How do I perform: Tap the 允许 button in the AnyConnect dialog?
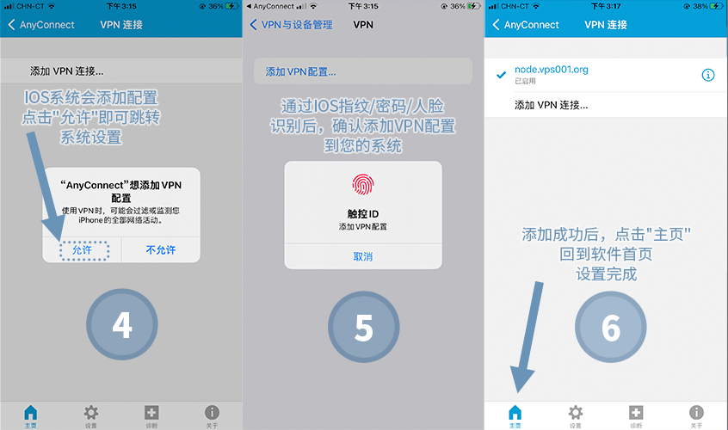coord(82,250)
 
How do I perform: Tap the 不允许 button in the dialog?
coord(161,250)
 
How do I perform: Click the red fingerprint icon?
coord(363,185)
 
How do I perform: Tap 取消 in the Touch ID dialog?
coord(363,256)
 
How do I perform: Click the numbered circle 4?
coord(122,324)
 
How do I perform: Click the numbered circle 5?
coord(363,327)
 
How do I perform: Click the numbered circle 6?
coord(610,327)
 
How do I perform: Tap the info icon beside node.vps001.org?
coord(708,75)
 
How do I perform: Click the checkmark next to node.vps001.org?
coord(501,75)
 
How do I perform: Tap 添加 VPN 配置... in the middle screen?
coord(300,72)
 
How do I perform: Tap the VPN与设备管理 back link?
coord(291,25)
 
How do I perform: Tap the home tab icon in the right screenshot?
coord(515,413)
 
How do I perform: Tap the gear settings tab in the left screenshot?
coord(91,413)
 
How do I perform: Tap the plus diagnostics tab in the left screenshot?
coord(151,413)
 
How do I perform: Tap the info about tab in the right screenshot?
coord(696,413)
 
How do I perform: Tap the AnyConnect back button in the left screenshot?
coord(40,25)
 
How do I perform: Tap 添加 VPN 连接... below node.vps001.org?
coord(551,105)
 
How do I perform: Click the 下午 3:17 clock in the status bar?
coord(606,7)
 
